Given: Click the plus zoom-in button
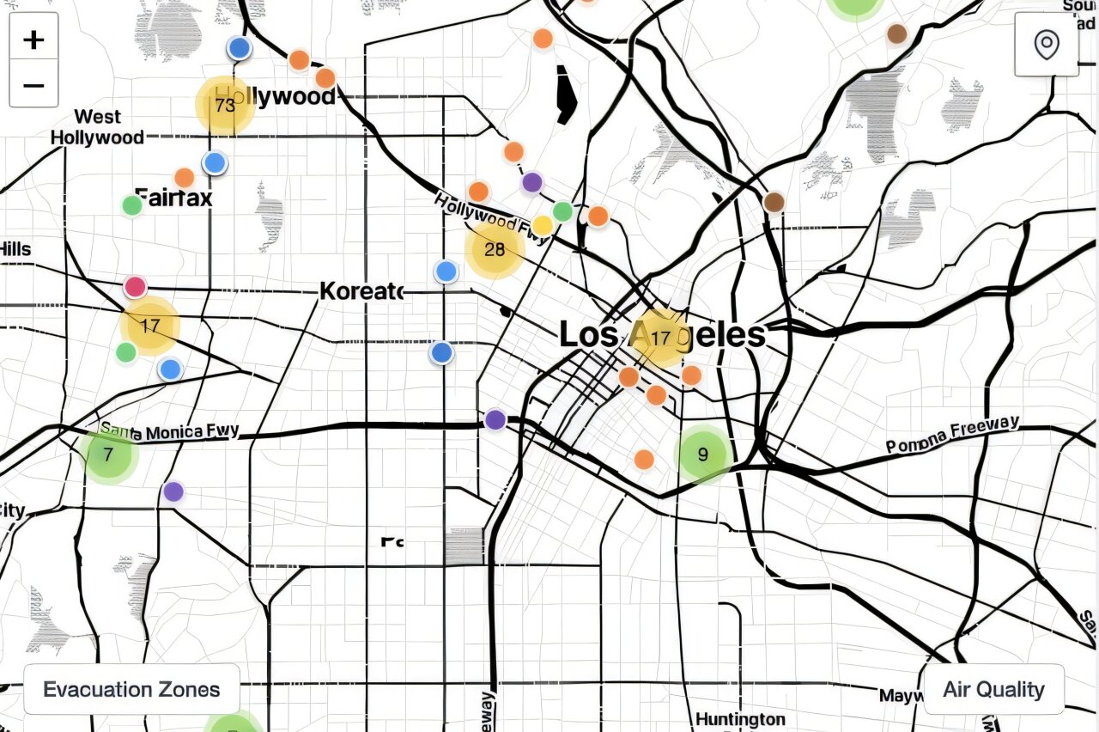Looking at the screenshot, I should [x=33, y=40].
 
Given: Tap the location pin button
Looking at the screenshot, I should [x=1046, y=45].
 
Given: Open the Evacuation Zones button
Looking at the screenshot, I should [x=131, y=689].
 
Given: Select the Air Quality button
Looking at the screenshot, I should [x=993, y=689].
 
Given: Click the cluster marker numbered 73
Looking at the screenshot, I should [x=225, y=106].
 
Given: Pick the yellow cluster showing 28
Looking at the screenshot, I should [x=495, y=250].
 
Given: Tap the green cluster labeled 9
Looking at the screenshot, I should [x=703, y=454].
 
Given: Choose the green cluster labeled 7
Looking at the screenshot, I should [x=108, y=455].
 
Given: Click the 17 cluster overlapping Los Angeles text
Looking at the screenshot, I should [x=660, y=339].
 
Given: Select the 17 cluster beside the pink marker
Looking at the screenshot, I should [x=150, y=326].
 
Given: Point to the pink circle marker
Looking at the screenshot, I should [x=135, y=287].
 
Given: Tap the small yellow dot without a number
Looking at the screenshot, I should [x=542, y=226].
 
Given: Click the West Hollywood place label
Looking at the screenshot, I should [x=97, y=127].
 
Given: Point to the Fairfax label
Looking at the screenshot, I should [x=173, y=198].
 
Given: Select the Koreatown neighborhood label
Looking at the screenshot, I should [x=361, y=291].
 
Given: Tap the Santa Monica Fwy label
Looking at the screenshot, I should [x=170, y=431].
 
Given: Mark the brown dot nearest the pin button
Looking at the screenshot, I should [x=896, y=34].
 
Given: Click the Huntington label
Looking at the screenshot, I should [x=740, y=718].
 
